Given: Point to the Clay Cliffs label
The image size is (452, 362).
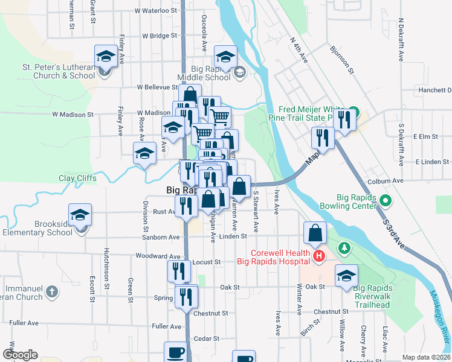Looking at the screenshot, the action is [x=77, y=178].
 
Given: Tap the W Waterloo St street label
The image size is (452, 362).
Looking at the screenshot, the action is [x=156, y=11].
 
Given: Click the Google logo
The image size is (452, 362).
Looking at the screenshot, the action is [x=20, y=355].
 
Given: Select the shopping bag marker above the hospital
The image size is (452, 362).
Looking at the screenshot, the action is [x=316, y=233].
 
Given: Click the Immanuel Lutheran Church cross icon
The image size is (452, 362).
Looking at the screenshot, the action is [x=52, y=291].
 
